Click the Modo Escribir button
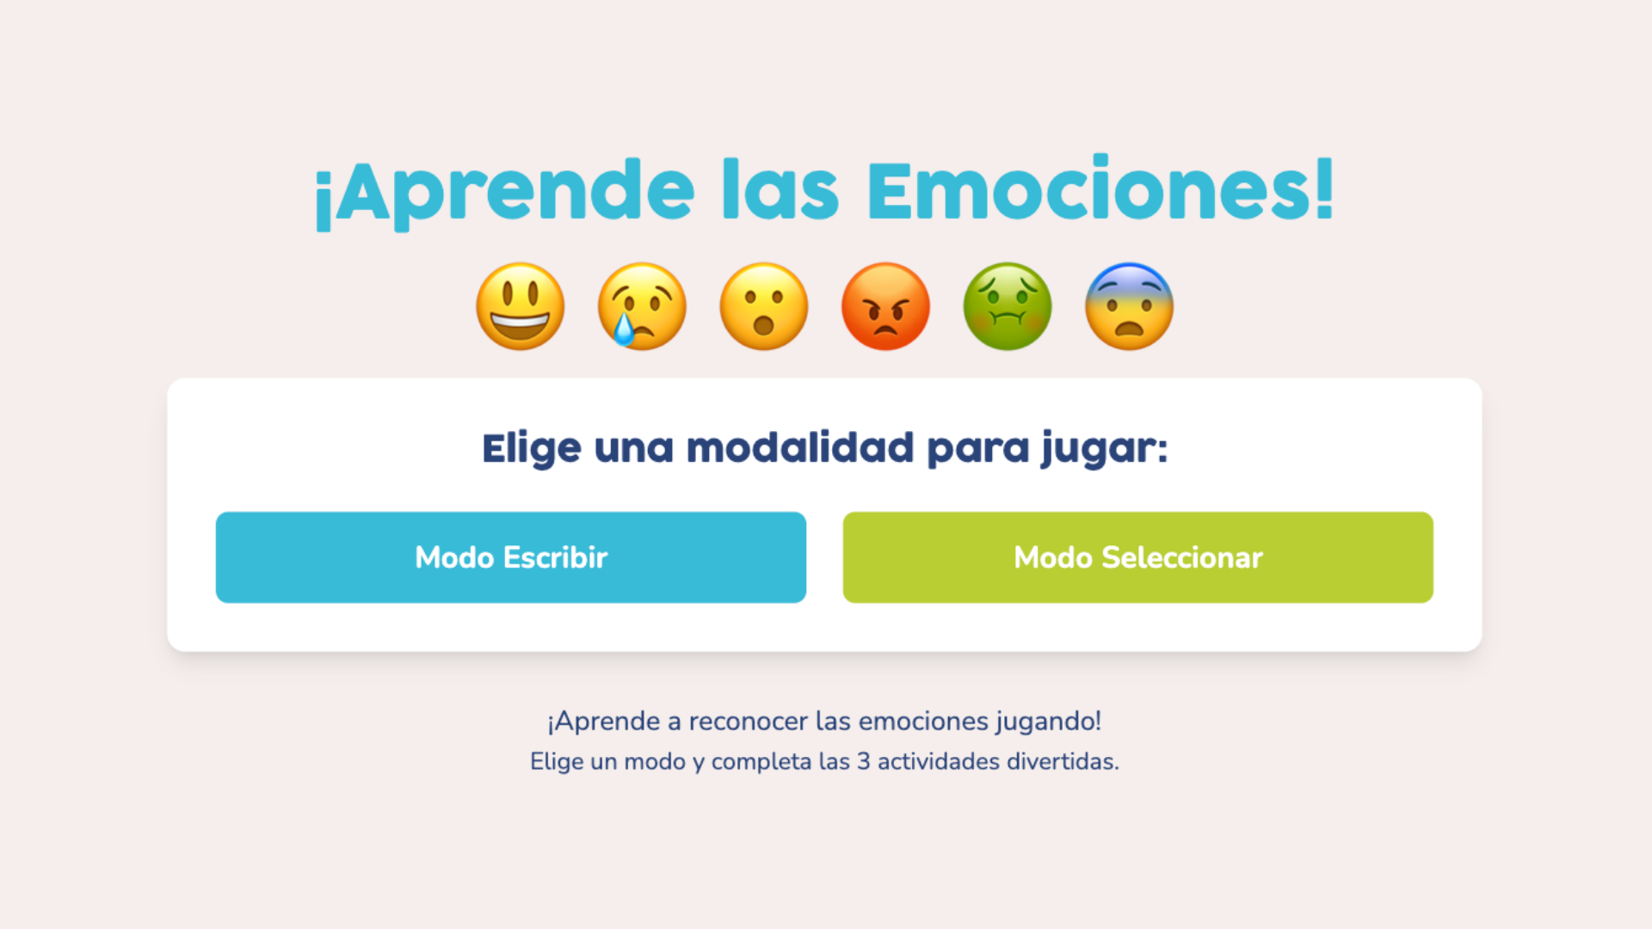tap(510, 557)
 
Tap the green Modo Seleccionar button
tap(1137, 557)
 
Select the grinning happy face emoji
tap(521, 306)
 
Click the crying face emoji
tap(642, 306)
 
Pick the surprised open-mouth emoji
tap(764, 306)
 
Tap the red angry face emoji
tap(885, 306)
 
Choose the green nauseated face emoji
tap(1008, 306)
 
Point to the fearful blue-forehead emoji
tap(1129, 306)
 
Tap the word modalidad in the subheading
tap(799, 448)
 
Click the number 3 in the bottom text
tap(863, 762)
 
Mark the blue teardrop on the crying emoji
tap(622, 329)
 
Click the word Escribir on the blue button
tap(555, 557)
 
